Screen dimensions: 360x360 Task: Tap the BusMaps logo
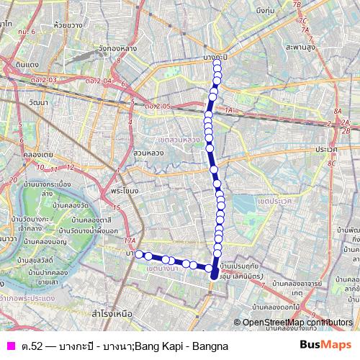325,346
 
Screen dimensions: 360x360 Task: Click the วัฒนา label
14,104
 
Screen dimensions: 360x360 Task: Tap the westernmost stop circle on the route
139,254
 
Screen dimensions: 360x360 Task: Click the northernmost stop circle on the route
217,61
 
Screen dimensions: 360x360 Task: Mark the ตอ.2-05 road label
156,107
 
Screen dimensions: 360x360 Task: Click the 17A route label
130,241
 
